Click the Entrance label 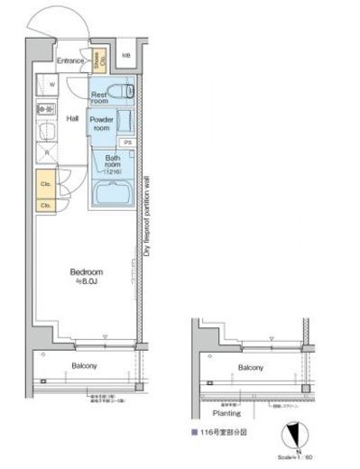(x=70, y=61)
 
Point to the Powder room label (x=102, y=124)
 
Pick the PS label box (x=128, y=143)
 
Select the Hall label (x=73, y=118)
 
